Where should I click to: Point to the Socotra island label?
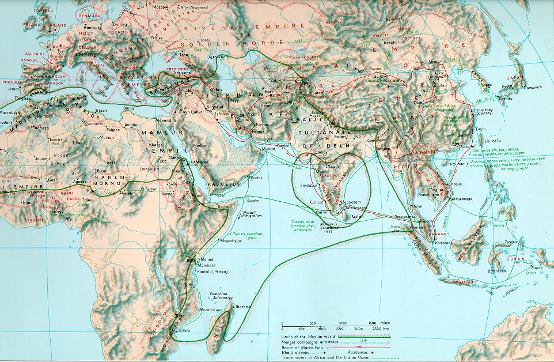255,200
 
